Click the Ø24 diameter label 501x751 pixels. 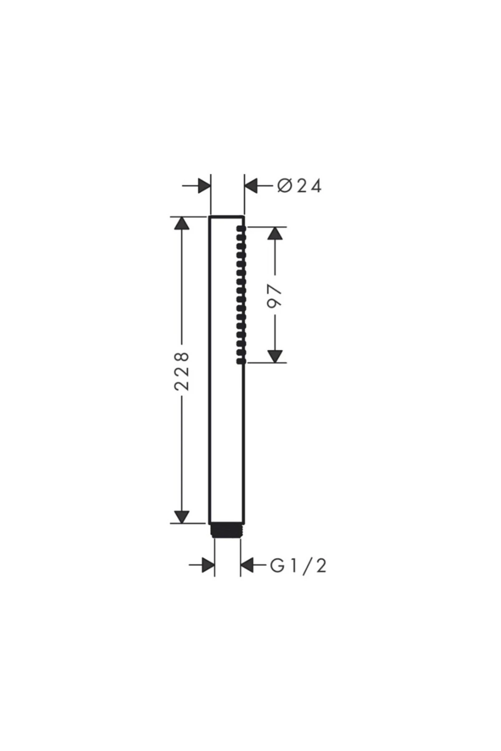(299, 186)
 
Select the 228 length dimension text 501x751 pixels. (182, 371)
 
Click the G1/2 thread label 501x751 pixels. (298, 566)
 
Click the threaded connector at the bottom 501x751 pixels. (227, 530)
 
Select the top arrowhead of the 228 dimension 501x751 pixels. (181, 223)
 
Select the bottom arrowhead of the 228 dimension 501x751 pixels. (181, 517)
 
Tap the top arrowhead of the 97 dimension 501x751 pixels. (274, 233)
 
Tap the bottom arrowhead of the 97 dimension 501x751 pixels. (274, 356)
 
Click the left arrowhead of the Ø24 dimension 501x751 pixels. (204, 186)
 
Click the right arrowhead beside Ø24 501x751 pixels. (251, 186)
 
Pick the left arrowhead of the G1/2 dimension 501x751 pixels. (208, 566)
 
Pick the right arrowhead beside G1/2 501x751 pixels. (247, 566)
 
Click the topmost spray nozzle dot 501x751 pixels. (240, 228)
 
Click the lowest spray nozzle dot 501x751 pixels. (240, 360)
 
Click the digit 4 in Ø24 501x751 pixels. (315, 186)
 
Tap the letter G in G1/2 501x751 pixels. (277, 566)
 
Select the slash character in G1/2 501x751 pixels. (307, 566)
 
